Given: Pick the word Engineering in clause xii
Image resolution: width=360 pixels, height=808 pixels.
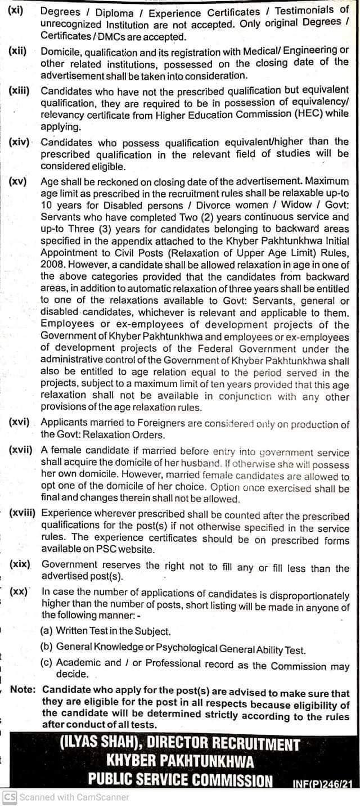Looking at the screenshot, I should [x=314, y=50].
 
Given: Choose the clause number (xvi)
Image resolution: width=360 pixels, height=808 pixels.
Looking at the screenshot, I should [x=20, y=424].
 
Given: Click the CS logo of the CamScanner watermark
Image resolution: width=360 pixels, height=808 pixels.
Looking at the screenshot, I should [x=10, y=797].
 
